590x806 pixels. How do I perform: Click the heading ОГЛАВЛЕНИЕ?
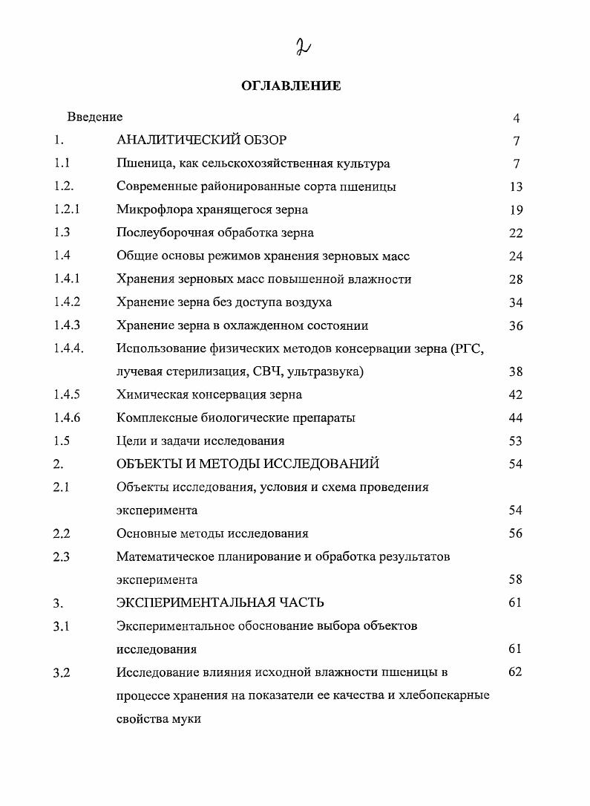[x=291, y=86]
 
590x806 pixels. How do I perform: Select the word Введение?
[x=95, y=117]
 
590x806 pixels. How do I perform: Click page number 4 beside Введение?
[x=516, y=117]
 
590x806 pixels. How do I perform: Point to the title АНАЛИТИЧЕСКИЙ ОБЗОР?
[x=201, y=140]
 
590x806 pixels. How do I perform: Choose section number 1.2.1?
[x=67, y=209]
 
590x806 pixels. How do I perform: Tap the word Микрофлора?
[x=151, y=209]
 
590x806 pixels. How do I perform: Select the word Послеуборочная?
[x=165, y=233]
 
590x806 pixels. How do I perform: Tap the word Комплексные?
[x=154, y=417]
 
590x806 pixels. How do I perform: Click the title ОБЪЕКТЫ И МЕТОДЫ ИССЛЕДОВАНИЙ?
[x=248, y=464]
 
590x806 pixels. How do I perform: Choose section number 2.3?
[x=62, y=556]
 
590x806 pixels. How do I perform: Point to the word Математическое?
[x=165, y=556]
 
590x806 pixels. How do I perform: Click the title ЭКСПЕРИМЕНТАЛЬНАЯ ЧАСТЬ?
[x=220, y=602]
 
